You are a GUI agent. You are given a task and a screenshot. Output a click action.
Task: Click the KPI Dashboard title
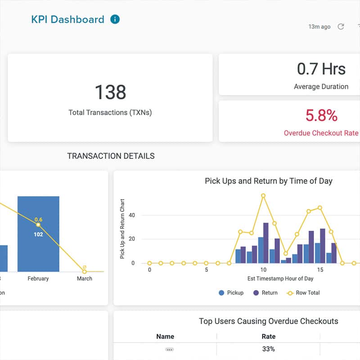click(x=67, y=19)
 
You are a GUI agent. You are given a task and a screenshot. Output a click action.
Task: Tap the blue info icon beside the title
click(x=115, y=19)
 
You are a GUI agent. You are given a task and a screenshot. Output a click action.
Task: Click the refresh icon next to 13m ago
click(x=341, y=27)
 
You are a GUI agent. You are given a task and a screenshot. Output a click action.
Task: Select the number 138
click(x=110, y=92)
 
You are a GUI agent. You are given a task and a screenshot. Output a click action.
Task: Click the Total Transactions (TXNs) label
click(x=110, y=112)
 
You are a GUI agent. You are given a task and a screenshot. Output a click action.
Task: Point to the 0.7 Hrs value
click(x=321, y=69)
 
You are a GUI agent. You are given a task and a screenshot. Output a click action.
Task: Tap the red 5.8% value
click(x=321, y=116)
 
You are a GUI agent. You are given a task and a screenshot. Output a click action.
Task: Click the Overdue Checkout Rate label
click(x=321, y=133)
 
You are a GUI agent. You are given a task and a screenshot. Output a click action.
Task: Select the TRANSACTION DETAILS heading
click(x=111, y=156)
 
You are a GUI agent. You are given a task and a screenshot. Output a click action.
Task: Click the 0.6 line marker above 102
click(x=38, y=225)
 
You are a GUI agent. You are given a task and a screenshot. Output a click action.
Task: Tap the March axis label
click(x=84, y=279)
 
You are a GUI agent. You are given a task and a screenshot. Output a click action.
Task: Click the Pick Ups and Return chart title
click(x=268, y=181)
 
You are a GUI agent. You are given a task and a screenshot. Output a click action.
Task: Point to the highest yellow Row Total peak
click(x=263, y=196)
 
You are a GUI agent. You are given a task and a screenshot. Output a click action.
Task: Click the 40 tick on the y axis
click(x=132, y=215)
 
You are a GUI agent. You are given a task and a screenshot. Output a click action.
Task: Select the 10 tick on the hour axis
click(x=263, y=270)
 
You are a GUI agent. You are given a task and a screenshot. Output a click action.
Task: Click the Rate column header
click(x=268, y=336)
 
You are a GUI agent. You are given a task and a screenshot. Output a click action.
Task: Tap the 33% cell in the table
click(x=268, y=349)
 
